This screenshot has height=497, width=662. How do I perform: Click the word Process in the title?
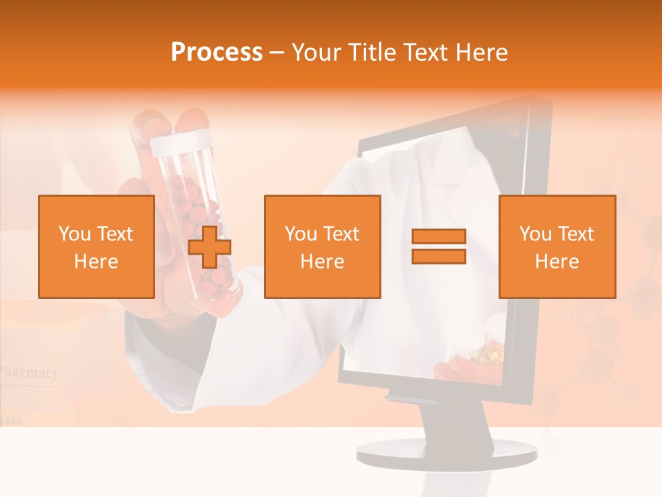tap(217, 52)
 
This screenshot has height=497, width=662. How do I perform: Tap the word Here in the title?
tap(481, 52)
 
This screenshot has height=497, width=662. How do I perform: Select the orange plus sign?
tap(210, 247)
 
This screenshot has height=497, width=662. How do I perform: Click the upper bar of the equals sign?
tap(439, 236)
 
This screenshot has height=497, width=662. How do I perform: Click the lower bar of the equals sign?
tap(439, 257)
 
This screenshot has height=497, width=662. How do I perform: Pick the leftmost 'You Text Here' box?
tap(97, 247)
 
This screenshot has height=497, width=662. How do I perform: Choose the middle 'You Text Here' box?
tap(323, 247)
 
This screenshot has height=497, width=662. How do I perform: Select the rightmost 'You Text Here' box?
tap(557, 247)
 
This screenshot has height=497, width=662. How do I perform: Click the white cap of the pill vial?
tap(179, 144)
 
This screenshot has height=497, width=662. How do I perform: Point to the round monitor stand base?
tap(446, 453)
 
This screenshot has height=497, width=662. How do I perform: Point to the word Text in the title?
tap(428, 52)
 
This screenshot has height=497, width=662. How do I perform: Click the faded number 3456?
tap(10, 420)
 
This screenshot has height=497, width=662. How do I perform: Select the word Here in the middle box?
tap(323, 262)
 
